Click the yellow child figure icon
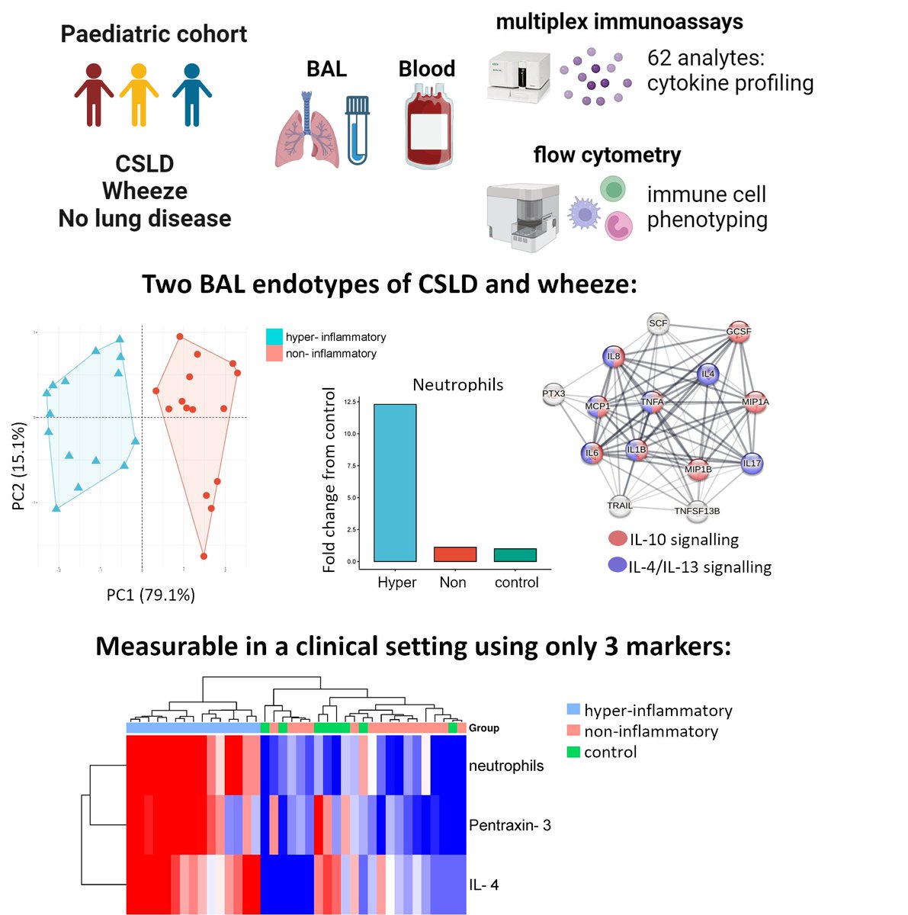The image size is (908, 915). click(x=138, y=94)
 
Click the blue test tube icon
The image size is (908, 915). click(x=357, y=129)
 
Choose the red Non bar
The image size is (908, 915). click(x=455, y=554)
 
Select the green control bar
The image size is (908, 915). click(x=515, y=555)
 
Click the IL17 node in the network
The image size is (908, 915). click(x=752, y=464)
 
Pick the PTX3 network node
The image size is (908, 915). click(x=553, y=394)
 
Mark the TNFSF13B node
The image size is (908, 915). click(x=697, y=511)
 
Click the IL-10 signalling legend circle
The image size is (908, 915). click(x=618, y=539)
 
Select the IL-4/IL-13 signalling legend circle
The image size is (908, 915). click(x=618, y=566)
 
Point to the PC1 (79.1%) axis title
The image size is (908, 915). click(x=151, y=595)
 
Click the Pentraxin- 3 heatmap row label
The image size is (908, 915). click(x=509, y=826)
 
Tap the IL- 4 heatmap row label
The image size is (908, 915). click(x=484, y=885)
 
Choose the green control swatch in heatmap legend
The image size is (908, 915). click(x=573, y=752)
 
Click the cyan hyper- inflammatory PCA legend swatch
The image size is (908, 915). click(x=274, y=337)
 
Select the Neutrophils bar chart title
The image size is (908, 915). click(x=457, y=385)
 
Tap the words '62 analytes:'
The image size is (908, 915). click(x=705, y=58)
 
